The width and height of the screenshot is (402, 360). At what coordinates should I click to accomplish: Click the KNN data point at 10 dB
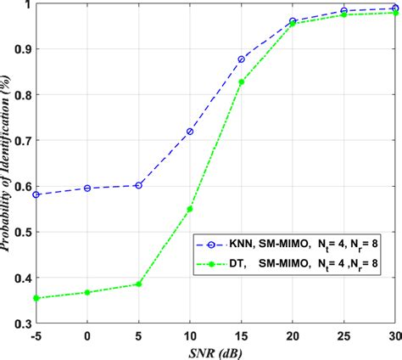(189, 131)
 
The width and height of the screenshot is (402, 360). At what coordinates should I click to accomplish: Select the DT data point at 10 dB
(189, 209)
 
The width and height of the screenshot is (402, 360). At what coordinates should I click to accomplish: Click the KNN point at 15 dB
(242, 59)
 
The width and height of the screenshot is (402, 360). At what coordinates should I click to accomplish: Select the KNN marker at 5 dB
(138, 185)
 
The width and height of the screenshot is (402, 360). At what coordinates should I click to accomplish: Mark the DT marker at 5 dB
(138, 284)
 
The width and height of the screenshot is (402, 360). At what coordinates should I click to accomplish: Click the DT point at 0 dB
(87, 292)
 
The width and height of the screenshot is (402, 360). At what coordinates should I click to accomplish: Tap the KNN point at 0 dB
(87, 188)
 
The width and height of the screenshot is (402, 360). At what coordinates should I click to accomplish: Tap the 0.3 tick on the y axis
(20, 323)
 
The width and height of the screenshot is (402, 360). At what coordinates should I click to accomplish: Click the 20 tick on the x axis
(293, 336)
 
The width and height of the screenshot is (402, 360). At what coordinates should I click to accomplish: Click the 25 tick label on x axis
(344, 336)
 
